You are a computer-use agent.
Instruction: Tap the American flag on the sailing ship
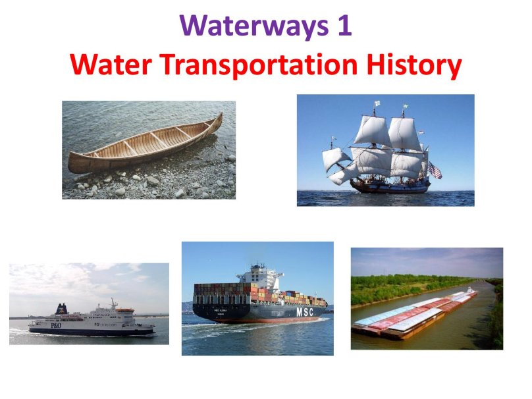pos(435,171)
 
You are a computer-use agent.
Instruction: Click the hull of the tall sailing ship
pos(388,186)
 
